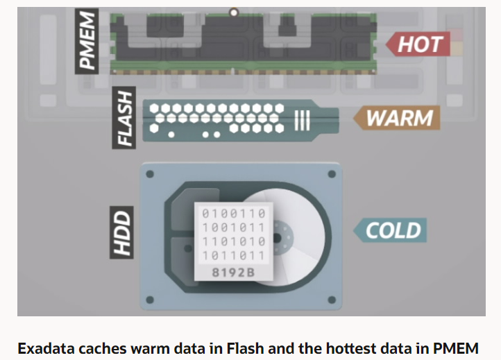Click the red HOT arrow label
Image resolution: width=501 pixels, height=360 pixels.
[419, 44]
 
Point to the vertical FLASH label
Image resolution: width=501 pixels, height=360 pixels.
[125, 117]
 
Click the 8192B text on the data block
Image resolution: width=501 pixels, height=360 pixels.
[233, 272]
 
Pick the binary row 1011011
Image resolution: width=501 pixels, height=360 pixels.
[233, 255]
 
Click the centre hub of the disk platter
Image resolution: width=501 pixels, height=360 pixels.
[278, 238]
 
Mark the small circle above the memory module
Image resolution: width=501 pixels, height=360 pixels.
[233, 12]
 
